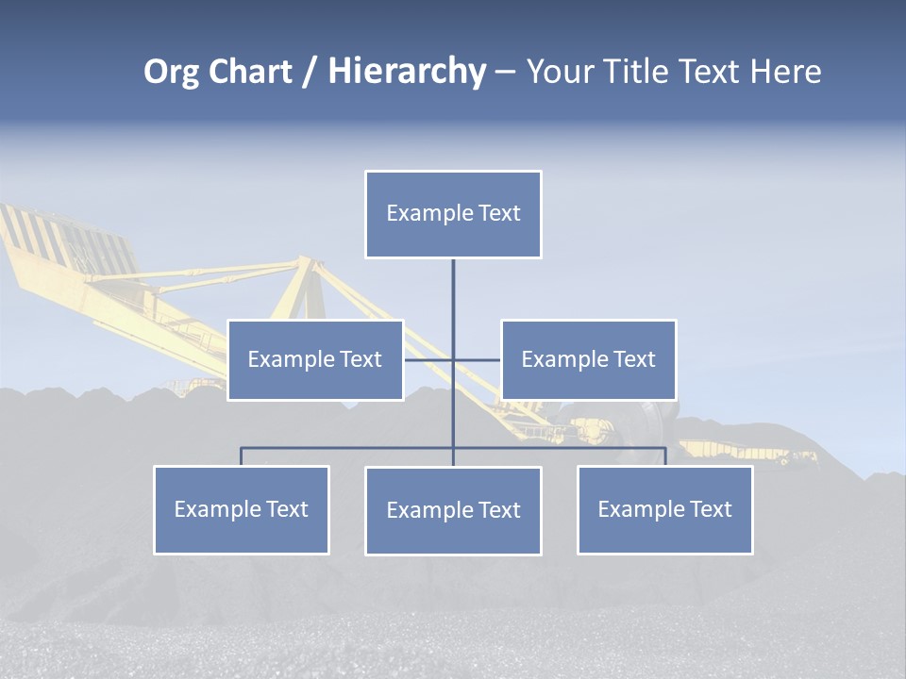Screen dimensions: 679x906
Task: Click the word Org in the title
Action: point(171,72)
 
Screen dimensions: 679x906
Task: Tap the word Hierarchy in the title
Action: point(406,72)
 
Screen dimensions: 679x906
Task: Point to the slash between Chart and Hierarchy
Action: point(310,72)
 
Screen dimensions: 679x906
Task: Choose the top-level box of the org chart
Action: point(453,214)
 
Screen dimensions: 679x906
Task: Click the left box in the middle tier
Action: point(315,359)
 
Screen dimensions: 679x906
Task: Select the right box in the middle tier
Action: point(589,359)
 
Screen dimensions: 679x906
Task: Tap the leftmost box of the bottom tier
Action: point(242,510)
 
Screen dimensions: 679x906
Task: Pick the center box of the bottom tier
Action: point(453,511)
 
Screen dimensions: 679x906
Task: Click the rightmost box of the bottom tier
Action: point(665,510)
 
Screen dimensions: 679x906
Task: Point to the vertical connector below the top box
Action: point(453,292)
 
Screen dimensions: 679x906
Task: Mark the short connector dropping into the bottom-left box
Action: point(242,456)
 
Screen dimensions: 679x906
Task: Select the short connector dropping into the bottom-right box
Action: point(665,456)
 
